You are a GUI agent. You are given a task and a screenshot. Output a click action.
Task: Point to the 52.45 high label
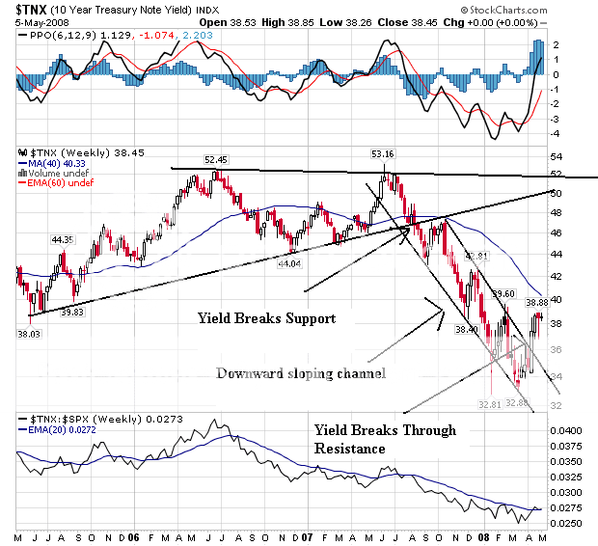pos(215,159)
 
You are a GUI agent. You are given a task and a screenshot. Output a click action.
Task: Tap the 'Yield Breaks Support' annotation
pos(266,317)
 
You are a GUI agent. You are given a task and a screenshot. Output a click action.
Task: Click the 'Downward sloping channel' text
pos(301,373)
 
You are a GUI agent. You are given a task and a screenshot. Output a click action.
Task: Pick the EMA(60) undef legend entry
pos(58,184)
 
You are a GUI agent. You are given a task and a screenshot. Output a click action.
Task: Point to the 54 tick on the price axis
pos(557,156)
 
